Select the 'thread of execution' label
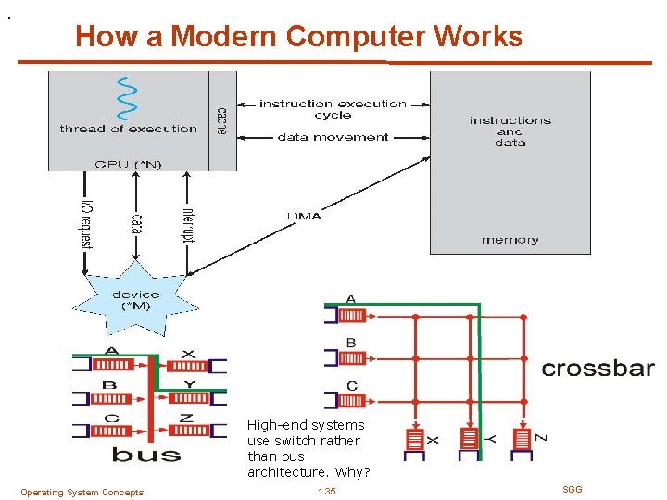pos(129,129)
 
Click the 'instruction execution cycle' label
pos(333,109)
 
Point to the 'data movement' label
pos(333,137)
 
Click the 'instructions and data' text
pos(510,131)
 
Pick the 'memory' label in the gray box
pos(510,240)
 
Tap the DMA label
pos(304,216)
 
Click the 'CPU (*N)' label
pos(128,164)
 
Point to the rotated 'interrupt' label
pos(189,222)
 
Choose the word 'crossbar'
pos(598,368)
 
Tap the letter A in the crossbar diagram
pos(351,299)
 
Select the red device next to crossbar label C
pos(351,401)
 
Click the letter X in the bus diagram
pos(188,353)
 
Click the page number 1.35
pos(326,491)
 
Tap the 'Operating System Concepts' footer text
pos(82,492)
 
